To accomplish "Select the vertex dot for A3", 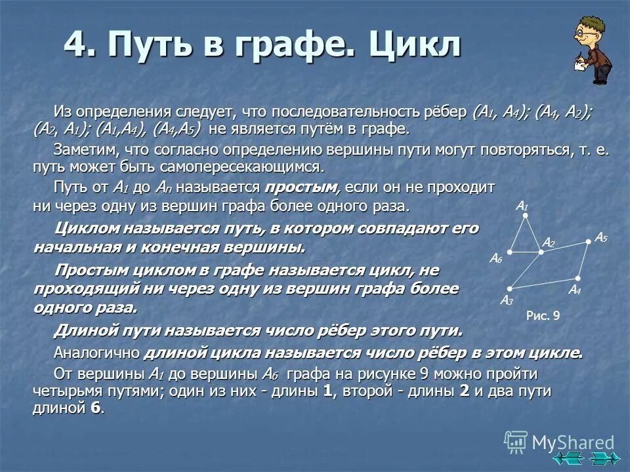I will pos(509,288).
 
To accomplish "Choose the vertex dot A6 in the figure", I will pos(509,252).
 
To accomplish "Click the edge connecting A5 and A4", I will pos(583,260).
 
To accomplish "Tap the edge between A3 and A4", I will pos(543,283).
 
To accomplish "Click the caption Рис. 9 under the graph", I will pos(543,316).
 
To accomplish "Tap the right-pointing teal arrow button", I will pos(602,458).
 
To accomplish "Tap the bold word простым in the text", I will pos(302,187).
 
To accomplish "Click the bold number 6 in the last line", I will pos(96,407).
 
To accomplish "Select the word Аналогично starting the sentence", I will pos(96,353).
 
